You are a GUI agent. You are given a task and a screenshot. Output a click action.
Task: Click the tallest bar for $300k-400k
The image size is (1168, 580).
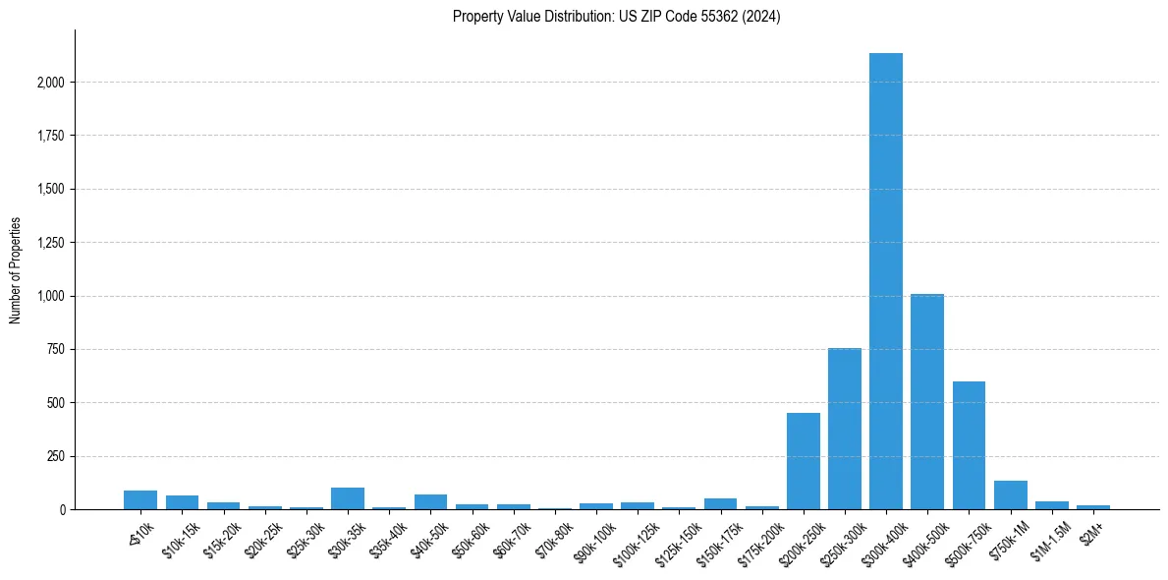(x=885, y=281)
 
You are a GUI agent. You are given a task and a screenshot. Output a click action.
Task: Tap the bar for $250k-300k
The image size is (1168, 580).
(x=844, y=429)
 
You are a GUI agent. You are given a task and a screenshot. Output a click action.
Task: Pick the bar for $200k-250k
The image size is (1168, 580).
(x=803, y=461)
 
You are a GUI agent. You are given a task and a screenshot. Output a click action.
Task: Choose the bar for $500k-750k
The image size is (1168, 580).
(x=969, y=445)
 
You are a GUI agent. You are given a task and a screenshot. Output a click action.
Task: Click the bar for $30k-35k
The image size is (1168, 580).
(x=348, y=498)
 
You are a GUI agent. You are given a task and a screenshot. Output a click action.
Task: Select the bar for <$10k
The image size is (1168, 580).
(x=140, y=500)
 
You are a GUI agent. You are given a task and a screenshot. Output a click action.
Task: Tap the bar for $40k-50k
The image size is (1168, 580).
(x=430, y=502)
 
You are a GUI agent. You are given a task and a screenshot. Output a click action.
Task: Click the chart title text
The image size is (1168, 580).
(x=616, y=17)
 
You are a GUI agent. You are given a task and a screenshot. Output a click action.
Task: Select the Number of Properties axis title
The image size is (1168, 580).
(x=16, y=270)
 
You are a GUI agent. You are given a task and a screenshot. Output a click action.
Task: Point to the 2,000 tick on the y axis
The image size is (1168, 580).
(x=49, y=83)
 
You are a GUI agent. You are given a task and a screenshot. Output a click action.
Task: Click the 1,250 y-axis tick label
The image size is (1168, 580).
(x=49, y=243)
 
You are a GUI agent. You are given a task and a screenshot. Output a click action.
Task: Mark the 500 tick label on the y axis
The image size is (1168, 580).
(x=57, y=403)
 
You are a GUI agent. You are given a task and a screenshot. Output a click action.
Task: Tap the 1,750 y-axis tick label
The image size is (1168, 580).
(x=49, y=136)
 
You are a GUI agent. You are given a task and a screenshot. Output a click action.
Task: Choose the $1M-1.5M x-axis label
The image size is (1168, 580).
(x=1048, y=530)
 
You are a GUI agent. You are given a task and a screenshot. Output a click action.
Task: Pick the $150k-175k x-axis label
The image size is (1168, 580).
(x=717, y=532)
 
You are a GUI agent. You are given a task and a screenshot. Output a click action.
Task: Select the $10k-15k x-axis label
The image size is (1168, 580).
(x=181, y=529)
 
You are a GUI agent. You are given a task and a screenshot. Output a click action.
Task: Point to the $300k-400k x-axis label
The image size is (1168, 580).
(x=881, y=532)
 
